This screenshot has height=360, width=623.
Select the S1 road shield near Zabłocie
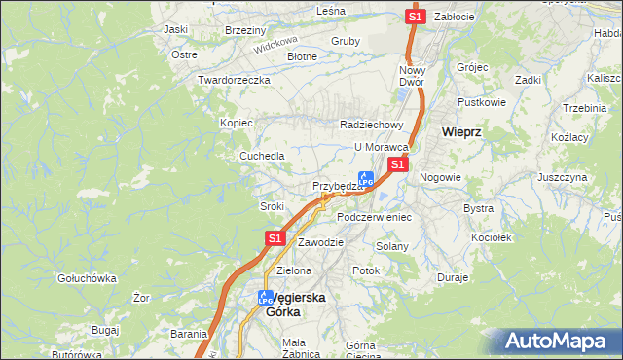pyautogui.click(x=415, y=17)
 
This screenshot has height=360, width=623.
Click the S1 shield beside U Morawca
pyautogui.click(x=397, y=165)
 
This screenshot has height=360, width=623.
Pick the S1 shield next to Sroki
pyautogui.click(x=275, y=237)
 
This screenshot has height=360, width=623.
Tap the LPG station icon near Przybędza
pyautogui.click(x=366, y=179)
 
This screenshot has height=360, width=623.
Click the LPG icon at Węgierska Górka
pyautogui.click(x=266, y=299)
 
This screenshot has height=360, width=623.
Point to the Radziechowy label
pyautogui.click(x=371, y=125)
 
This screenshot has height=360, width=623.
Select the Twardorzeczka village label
pyautogui.click(x=233, y=80)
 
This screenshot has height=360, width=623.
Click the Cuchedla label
pyautogui.click(x=263, y=156)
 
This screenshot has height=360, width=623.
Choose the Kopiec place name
pyautogui.click(x=237, y=123)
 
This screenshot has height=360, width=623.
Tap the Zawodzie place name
pyautogui.click(x=321, y=241)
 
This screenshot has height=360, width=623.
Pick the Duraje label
pyautogui.click(x=454, y=277)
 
